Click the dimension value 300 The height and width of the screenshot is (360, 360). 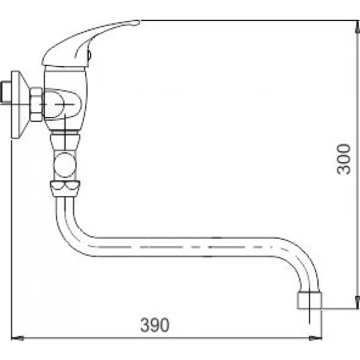click(x=343, y=159)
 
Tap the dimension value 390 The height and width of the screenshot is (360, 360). click(x=155, y=325)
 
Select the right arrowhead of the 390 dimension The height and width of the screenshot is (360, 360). click(x=319, y=338)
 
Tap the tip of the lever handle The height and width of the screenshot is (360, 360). click(x=136, y=23)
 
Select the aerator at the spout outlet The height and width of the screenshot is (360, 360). click(x=309, y=300)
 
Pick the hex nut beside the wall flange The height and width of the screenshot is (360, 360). click(x=37, y=104)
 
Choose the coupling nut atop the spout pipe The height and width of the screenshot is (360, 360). click(x=65, y=187)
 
